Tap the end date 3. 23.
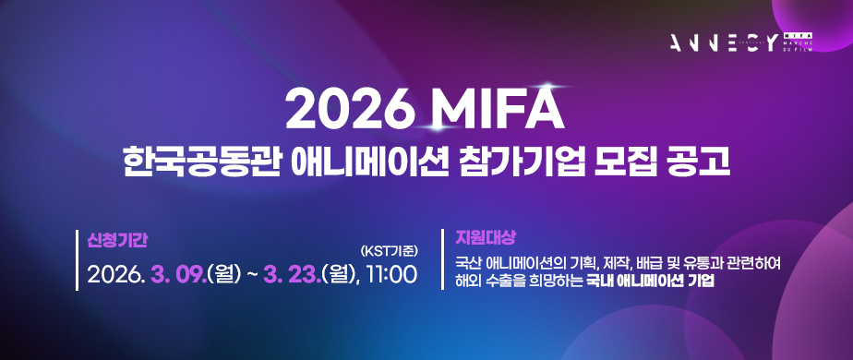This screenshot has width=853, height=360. [291, 274]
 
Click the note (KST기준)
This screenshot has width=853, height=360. [390, 249]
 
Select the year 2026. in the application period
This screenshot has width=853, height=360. [115, 274]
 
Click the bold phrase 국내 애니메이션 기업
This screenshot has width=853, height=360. [651, 282]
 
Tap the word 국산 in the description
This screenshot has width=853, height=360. [466, 263]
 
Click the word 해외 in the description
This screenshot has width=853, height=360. [466, 282]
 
